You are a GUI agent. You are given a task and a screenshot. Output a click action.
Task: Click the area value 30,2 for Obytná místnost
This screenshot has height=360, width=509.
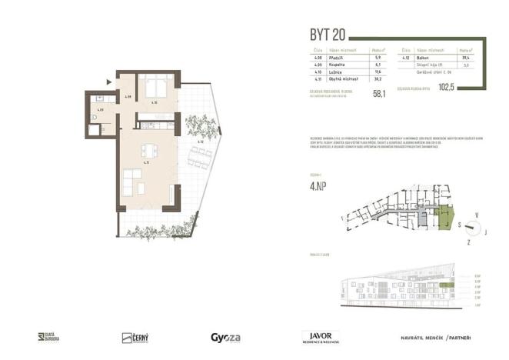tap(377, 79)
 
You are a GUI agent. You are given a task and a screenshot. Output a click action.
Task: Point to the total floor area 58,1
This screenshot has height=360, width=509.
tap(378, 94)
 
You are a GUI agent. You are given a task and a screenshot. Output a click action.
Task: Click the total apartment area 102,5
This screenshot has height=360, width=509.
tap(468, 88)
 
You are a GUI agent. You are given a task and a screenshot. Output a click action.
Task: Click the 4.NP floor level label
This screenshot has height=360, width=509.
tap(308, 187)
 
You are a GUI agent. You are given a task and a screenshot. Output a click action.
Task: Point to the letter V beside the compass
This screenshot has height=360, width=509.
tap(477, 215)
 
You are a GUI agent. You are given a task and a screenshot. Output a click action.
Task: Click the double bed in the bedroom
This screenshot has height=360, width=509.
tap(155, 88)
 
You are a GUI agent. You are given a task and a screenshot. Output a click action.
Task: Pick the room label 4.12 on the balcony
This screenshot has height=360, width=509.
tap(200, 142)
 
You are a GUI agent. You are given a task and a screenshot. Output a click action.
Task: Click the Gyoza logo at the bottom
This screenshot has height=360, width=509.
tap(226, 337)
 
